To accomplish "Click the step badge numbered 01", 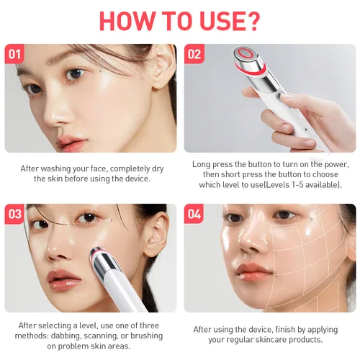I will coord(15,54).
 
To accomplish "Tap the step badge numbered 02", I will coord(194,54).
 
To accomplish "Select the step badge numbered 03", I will coord(15,214).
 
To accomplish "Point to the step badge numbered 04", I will coord(194,214).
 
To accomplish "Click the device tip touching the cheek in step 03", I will coord(96,253).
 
